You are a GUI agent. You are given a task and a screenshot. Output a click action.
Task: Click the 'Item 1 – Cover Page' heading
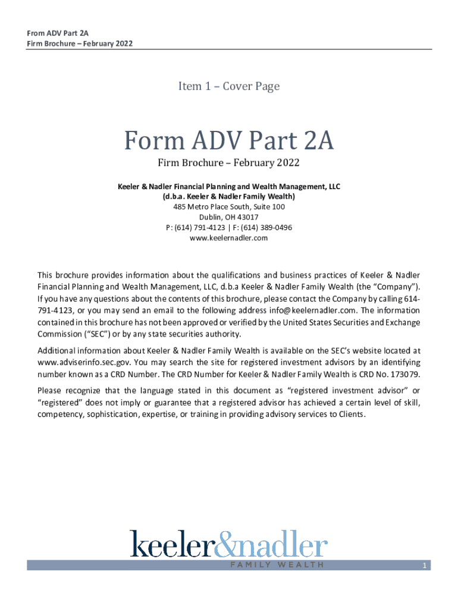(229, 87)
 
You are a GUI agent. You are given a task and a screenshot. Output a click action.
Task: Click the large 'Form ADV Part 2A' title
(229, 142)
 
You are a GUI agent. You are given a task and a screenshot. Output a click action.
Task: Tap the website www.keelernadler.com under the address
(229, 238)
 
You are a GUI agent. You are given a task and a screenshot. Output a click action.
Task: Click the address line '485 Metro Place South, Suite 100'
(229, 207)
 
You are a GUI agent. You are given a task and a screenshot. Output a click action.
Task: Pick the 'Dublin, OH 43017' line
(229, 217)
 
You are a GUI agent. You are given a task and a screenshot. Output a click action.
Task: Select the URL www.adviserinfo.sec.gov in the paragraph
(76, 362)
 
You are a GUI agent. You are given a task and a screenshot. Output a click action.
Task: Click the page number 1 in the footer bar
(424, 566)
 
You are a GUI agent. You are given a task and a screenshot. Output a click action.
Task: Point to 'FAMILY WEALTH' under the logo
(277, 565)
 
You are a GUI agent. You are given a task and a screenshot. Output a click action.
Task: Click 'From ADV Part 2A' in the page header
(55, 33)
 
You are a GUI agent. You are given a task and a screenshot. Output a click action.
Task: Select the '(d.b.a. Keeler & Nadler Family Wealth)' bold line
(229, 196)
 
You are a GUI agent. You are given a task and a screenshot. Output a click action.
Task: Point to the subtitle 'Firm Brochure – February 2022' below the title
(229, 163)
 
